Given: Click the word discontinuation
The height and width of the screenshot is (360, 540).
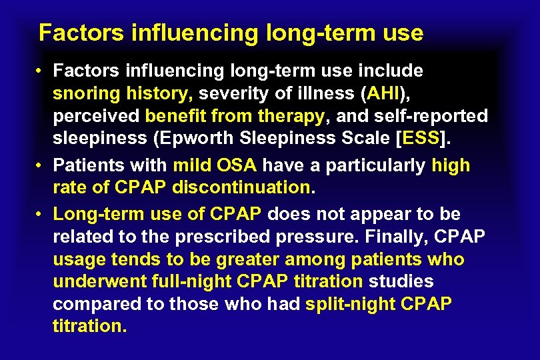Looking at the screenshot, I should [241, 187].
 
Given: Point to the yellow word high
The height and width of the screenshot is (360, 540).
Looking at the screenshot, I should [451, 165].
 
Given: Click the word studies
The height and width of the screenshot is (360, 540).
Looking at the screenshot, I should [401, 281].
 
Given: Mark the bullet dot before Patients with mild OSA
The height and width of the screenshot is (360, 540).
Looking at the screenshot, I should [40, 165].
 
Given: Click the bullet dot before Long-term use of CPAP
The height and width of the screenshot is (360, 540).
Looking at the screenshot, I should [40, 214].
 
